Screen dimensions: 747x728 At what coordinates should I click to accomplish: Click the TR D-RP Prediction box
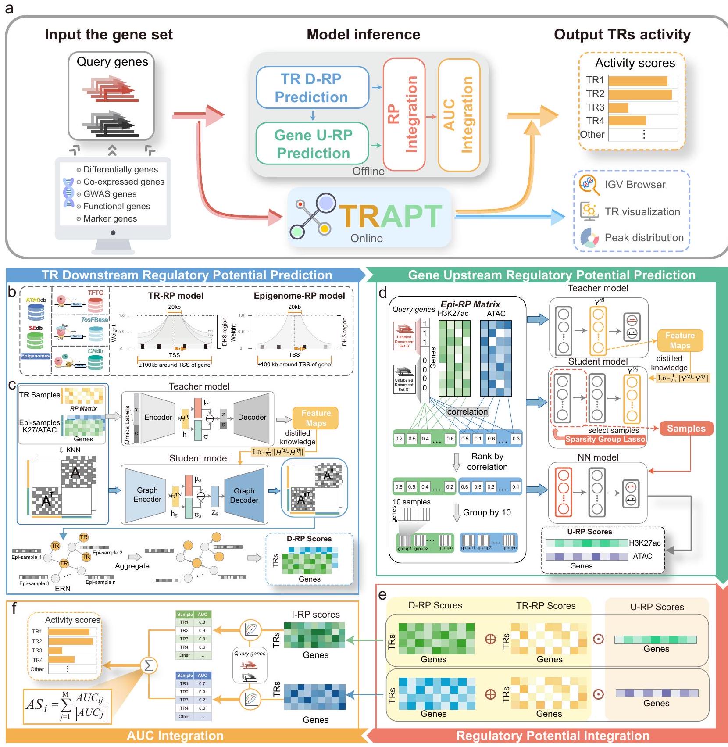312,88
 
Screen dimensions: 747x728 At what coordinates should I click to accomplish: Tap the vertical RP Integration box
404,114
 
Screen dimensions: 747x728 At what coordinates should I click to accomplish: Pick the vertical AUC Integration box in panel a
459,115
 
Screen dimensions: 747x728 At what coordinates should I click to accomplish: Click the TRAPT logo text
390,216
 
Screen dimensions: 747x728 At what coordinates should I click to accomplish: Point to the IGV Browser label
635,185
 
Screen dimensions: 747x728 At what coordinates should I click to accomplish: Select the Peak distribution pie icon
589,238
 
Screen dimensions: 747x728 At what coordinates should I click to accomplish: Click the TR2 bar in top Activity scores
640,94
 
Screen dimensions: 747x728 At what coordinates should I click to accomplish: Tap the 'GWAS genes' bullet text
110,194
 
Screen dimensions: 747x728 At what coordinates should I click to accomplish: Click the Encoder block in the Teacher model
158,417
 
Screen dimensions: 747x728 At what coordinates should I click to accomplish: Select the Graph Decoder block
244,496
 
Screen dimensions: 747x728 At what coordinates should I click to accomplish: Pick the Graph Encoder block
147,495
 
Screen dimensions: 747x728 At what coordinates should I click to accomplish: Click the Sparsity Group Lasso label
605,439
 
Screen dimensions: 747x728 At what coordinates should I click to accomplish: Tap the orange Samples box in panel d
686,429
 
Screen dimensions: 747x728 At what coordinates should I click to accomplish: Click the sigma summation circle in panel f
149,665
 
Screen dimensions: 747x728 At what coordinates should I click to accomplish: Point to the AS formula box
67,706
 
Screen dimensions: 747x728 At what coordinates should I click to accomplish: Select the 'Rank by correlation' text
487,461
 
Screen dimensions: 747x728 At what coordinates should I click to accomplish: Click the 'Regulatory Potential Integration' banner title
552,736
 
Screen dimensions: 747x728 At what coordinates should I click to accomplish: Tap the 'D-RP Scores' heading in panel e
435,605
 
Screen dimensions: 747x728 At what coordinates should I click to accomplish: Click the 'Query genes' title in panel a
112,62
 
